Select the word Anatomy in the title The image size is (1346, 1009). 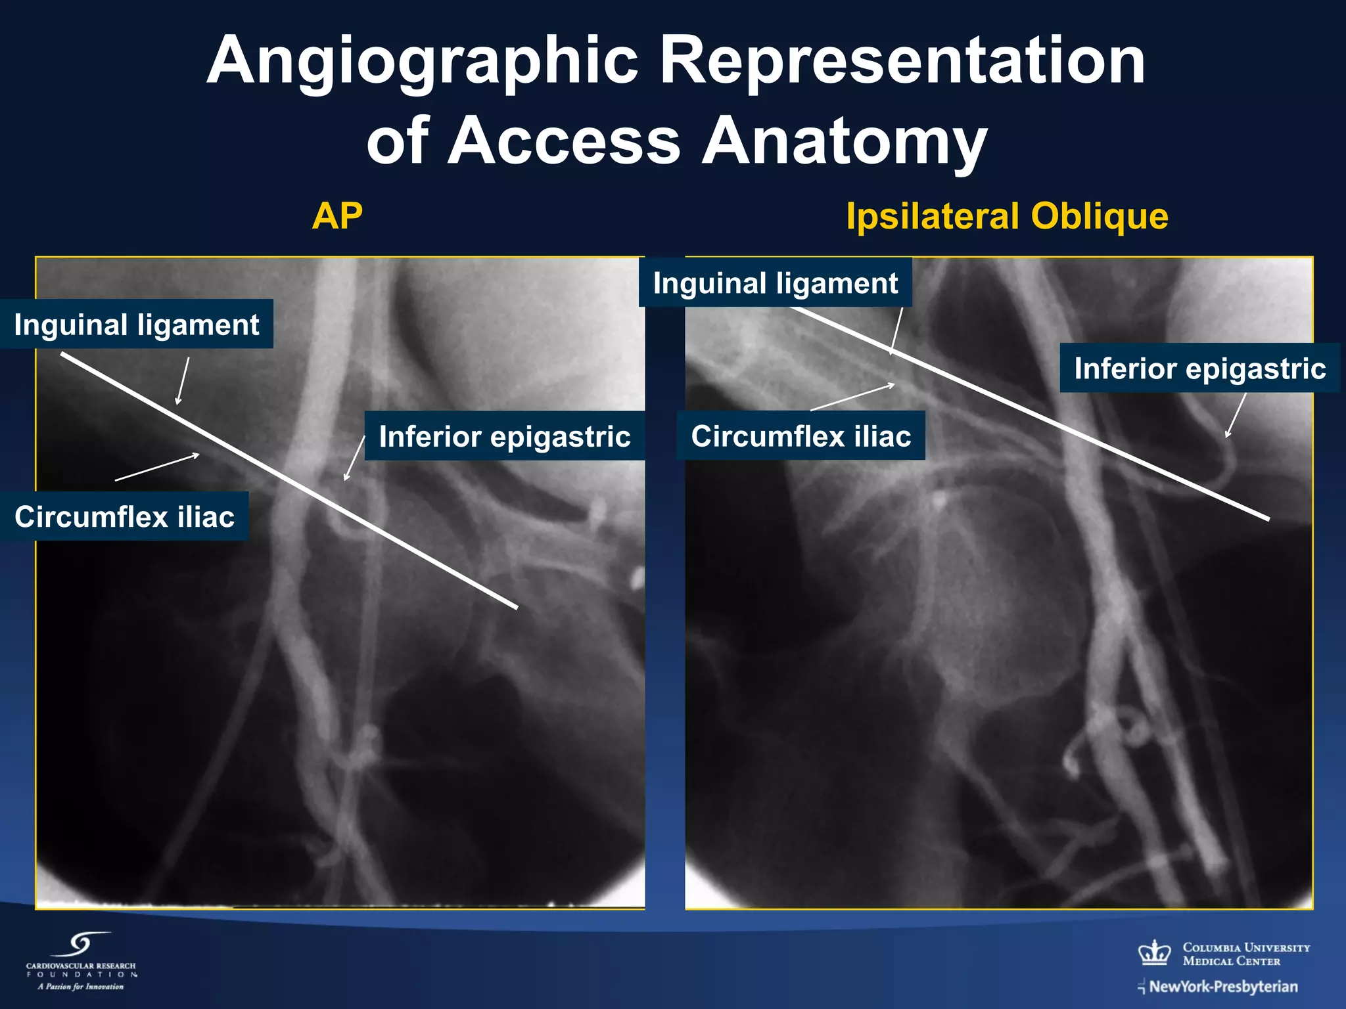pos(844,141)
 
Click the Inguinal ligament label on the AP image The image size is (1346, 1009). pos(137,325)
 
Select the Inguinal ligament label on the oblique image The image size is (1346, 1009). pos(775,283)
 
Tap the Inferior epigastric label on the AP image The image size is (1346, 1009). pos(504,436)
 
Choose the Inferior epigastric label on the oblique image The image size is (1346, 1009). pos(1199,369)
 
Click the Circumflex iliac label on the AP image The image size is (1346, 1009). pos(124,517)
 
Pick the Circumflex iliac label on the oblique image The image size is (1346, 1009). pos(801,436)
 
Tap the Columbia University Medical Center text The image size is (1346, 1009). pos(1245,954)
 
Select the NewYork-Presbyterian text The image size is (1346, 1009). pos(1223,987)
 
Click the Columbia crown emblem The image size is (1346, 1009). pos(1154,953)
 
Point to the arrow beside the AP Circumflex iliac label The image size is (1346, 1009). pos(158,467)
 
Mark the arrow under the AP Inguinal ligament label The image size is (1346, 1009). pos(183,380)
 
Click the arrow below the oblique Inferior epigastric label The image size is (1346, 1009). pos(1236,415)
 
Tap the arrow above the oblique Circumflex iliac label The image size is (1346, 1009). pos(852,397)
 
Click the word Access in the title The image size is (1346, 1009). pos(567,141)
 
